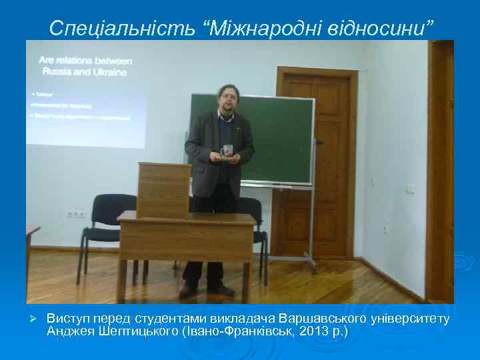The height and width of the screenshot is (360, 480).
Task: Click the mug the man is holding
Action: [x=228, y=151]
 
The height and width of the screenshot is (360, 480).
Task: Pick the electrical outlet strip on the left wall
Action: [x=75, y=213]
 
